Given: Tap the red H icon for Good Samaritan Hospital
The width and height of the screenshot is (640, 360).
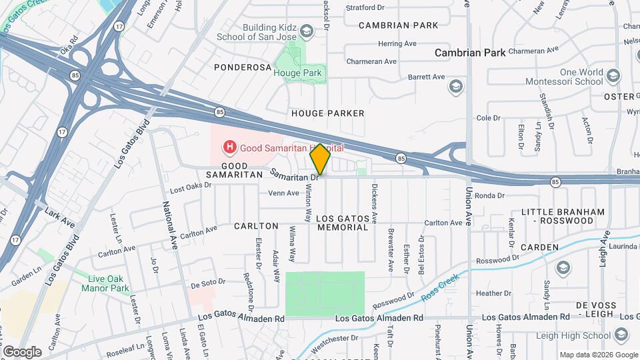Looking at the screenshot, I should [229, 146].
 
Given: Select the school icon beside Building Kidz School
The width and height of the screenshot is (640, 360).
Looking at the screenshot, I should [306, 31].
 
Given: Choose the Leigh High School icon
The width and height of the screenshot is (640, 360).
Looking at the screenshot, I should [622, 334].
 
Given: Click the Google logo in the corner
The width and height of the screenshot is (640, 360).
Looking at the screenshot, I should [22, 351].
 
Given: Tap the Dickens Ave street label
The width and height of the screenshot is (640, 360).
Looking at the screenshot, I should [375, 203].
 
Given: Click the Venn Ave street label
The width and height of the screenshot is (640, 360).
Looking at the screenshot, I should [283, 193].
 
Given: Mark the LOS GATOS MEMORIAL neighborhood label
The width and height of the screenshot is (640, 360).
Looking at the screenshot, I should [342, 223].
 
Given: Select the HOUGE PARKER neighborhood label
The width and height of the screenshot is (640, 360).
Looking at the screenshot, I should [328, 113].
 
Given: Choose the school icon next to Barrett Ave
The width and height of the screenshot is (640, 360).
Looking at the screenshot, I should [456, 85].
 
